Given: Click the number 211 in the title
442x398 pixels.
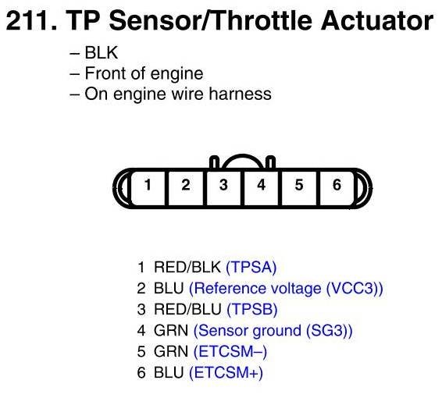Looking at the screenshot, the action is point(31,20).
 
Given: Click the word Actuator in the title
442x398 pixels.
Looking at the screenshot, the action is point(377,20).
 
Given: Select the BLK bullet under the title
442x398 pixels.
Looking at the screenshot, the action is point(94,52).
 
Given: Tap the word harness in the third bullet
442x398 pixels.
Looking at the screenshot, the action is point(241,94).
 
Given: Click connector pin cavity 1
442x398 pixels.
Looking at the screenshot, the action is point(148,188).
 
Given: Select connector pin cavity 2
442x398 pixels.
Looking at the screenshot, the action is point(186,188).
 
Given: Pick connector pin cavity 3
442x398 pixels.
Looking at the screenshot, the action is point(223,188).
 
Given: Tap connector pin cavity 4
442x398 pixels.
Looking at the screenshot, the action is point(262,188).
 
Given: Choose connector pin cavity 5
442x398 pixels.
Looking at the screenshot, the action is point(299,188).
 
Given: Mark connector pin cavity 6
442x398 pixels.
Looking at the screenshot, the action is point(337,188).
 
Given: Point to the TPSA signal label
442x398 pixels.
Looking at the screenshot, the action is point(251,267).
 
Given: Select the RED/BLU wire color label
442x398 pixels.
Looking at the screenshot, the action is point(187,309).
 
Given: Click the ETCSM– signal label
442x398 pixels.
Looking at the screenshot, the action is point(230,351).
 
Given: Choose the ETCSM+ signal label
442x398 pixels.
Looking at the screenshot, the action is point(226,373).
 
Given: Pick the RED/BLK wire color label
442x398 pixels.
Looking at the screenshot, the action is point(187,267).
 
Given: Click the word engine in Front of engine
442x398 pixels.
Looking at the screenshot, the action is point(176,74).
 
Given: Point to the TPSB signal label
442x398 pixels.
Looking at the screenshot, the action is point(252,309).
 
